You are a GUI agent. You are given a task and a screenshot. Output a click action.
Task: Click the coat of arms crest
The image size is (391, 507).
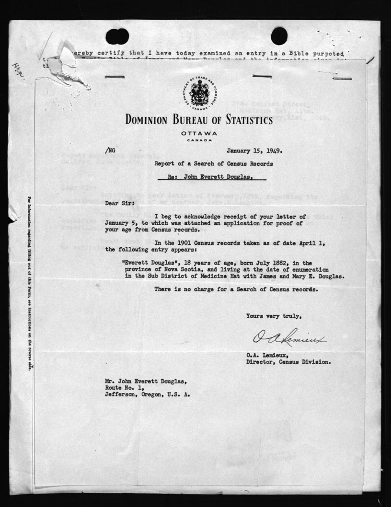(x=199, y=93)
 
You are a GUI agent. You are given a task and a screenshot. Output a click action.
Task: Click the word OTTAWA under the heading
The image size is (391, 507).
(x=198, y=134)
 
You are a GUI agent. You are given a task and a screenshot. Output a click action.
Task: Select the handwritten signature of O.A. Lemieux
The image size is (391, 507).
(x=288, y=339)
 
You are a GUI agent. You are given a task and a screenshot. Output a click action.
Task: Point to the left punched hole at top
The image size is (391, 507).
(x=117, y=36)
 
